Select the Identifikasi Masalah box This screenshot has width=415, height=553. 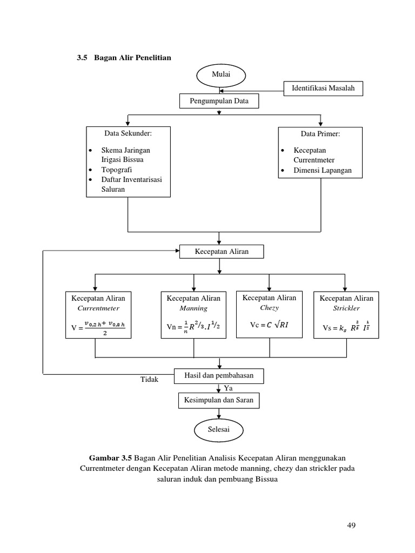(323, 89)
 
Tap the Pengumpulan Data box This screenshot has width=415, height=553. (218, 101)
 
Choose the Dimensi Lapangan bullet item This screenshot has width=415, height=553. (322, 170)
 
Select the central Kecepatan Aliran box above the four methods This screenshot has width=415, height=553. (222, 252)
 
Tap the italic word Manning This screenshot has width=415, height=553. (193, 308)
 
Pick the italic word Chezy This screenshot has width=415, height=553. (269, 307)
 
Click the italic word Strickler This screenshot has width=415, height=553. (346, 308)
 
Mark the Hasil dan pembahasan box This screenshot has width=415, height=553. (219, 375)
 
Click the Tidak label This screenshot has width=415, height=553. (149, 380)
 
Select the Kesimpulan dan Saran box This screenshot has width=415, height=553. (219, 401)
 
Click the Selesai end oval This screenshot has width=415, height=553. (218, 429)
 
